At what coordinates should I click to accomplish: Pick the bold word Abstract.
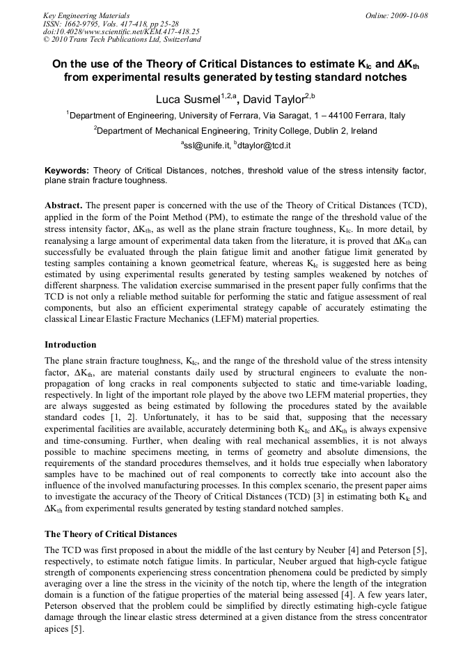(x=63, y=206)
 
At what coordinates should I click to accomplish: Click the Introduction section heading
(x=70, y=345)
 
